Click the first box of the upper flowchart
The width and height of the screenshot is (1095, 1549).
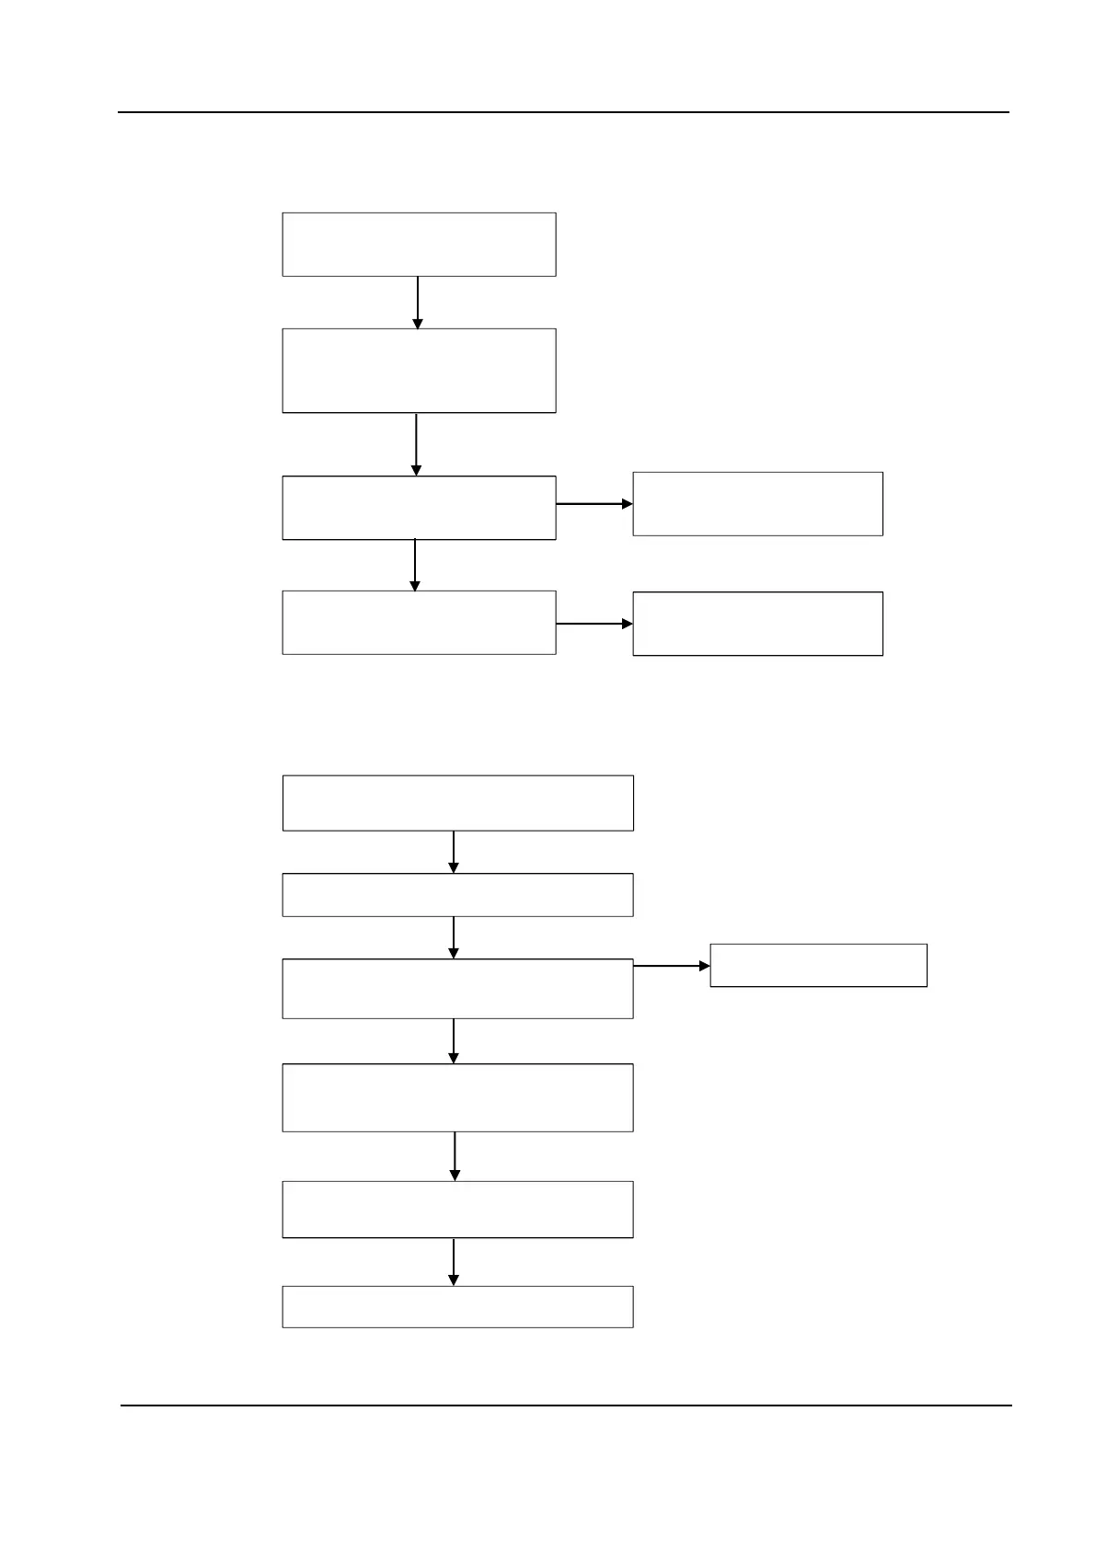click(x=419, y=245)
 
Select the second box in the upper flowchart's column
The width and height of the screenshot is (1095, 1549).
click(x=419, y=371)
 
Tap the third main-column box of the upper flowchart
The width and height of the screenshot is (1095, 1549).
click(x=419, y=508)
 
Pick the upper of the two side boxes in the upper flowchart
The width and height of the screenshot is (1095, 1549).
click(x=757, y=504)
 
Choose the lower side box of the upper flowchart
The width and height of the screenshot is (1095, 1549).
click(x=757, y=624)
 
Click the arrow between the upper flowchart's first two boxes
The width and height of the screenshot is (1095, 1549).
click(x=418, y=303)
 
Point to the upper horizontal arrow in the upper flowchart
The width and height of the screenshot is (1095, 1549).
click(x=594, y=504)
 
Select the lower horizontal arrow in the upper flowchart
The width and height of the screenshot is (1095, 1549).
click(x=594, y=624)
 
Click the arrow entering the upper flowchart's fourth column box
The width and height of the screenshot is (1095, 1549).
click(x=415, y=565)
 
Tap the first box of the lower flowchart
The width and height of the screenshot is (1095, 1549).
click(x=457, y=803)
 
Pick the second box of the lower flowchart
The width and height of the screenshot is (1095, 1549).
click(x=457, y=895)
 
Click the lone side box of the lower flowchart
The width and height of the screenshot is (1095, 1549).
click(x=818, y=966)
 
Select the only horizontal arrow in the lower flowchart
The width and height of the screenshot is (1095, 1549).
click(x=672, y=966)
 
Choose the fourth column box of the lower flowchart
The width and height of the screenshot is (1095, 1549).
click(x=457, y=1097)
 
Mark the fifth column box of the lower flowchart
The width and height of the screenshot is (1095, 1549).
click(x=457, y=1210)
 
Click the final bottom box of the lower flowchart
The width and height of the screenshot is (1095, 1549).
click(x=457, y=1307)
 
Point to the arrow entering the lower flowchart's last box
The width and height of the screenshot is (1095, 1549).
click(x=454, y=1262)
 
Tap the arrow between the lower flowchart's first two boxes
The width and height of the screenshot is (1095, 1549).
click(x=454, y=852)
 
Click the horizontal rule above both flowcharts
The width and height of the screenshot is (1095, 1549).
click(x=563, y=112)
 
